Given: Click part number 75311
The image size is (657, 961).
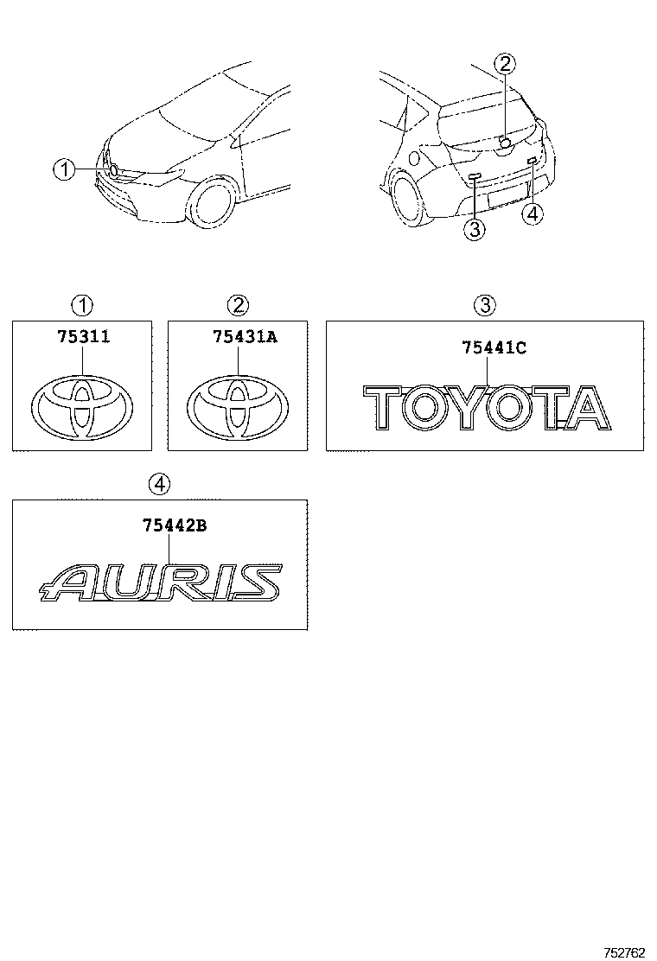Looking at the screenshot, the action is tap(83, 336).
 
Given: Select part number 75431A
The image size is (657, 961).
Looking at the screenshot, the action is tap(246, 336).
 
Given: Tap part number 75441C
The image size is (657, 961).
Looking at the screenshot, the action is tap(494, 347).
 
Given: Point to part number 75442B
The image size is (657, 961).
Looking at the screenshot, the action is tap(175, 525).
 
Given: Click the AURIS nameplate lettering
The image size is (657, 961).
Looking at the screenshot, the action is tap(161, 581).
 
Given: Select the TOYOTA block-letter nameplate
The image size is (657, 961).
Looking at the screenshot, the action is tap(488, 407).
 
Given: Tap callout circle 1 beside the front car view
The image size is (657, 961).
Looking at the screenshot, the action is tap(64, 169).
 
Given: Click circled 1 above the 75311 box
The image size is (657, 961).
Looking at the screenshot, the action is tap(82, 304).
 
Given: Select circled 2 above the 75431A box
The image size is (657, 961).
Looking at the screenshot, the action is tap(238, 304).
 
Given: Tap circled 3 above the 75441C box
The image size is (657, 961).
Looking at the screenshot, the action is tap(485, 304).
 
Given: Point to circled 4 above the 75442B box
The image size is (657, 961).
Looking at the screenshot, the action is tap(159, 485).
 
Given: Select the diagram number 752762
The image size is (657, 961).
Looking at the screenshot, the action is tap(625, 951).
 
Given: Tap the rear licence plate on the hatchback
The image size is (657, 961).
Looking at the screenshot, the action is tap(505, 196).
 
